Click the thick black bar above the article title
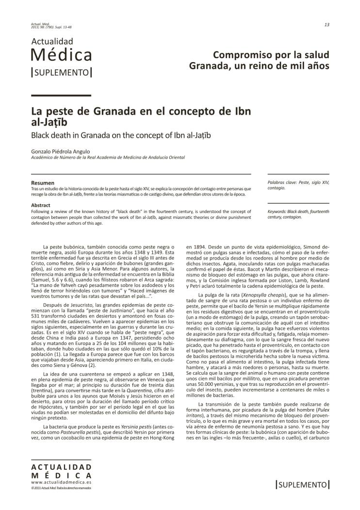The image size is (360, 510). click(61, 96)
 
